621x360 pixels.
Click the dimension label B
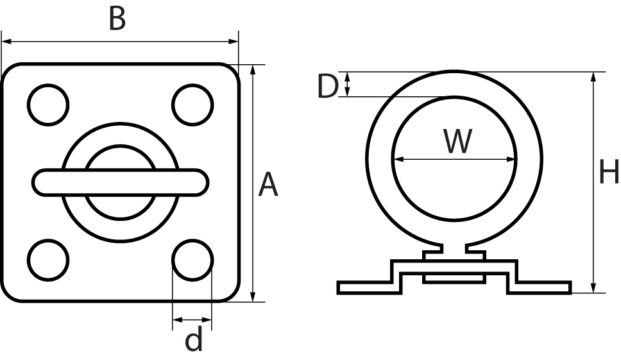tap(117, 19)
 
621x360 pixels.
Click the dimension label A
tap(268, 185)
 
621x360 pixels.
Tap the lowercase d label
tap(193, 340)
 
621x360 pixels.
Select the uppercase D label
tap(328, 87)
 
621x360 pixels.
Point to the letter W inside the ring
tap(458, 142)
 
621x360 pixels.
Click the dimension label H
tap(608, 173)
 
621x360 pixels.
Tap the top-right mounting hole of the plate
tap(192, 104)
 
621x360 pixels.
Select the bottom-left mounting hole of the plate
tap(48, 259)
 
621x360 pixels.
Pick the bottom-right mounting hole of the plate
tap(192, 259)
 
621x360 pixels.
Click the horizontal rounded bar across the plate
tap(121, 182)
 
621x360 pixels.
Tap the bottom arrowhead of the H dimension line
tap(594, 287)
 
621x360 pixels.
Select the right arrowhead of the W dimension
tap(511, 159)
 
